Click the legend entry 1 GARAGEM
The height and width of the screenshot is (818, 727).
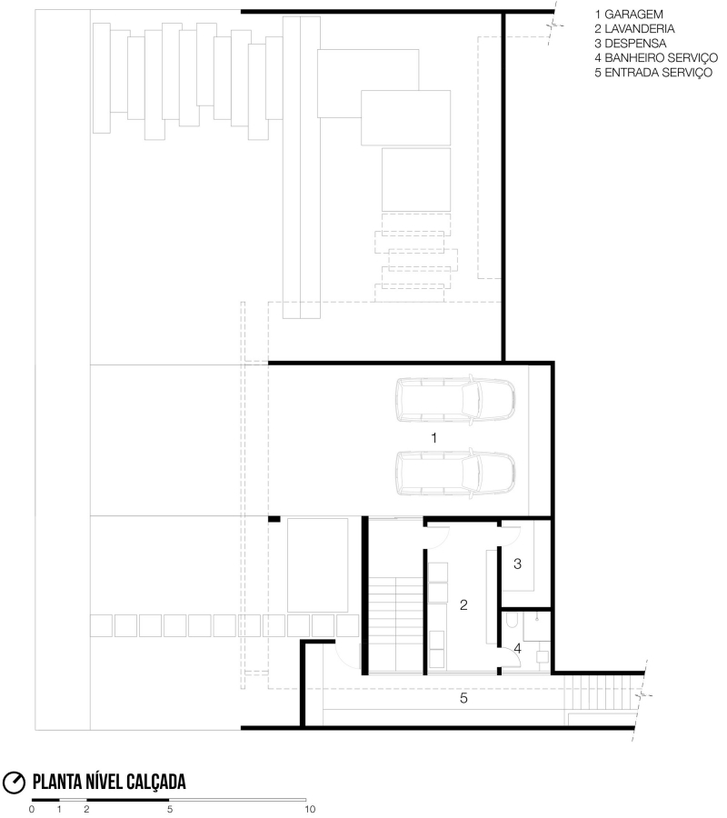629,14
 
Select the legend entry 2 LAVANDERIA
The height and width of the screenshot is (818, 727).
634,29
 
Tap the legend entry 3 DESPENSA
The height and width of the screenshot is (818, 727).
630,44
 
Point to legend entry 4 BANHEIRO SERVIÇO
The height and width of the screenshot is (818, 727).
656,58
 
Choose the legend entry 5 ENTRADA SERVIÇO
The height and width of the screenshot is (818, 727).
653,73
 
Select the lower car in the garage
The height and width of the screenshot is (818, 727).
455,472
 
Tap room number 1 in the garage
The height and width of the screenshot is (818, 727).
433,438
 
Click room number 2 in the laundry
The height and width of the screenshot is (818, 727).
463,604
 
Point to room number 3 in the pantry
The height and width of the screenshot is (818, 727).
517,564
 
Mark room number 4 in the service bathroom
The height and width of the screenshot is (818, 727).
517,648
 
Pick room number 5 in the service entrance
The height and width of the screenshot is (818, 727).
463,698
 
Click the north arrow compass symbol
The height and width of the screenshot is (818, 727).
14,783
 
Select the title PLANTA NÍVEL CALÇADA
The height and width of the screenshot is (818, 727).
109,782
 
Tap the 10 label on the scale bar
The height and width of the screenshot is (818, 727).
310,809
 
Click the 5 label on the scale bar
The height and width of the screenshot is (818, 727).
170,809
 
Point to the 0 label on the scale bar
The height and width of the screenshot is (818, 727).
32,809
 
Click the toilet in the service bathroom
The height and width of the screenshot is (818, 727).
511,620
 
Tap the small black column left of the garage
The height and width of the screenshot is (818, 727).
274,519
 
